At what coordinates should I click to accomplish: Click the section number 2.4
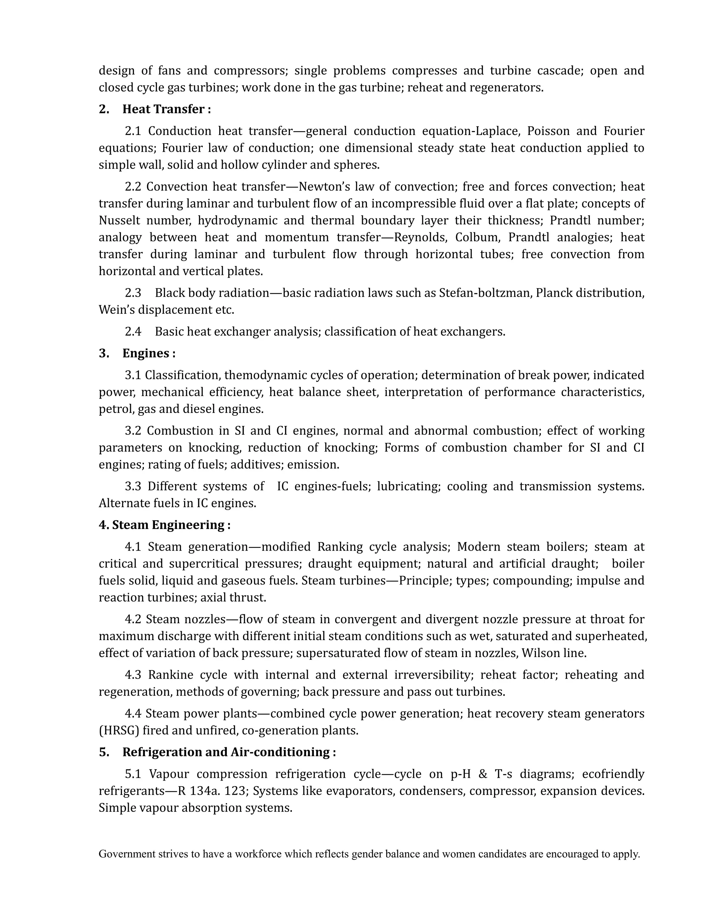click(133, 331)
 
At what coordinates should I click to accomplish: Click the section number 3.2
click(133, 431)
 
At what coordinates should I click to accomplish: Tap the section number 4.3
click(133, 675)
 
